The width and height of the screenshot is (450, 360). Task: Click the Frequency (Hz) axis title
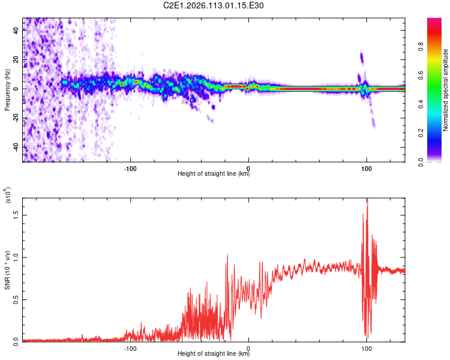click(7, 89)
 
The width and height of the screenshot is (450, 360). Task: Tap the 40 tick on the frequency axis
click(16, 31)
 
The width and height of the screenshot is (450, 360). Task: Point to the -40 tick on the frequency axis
click(15, 146)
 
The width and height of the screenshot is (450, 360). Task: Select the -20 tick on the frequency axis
click(15, 118)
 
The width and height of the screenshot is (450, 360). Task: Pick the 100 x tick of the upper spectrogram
click(366, 167)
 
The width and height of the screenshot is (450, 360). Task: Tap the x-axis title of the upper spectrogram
click(214, 174)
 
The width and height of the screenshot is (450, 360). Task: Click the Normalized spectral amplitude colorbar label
click(446, 89)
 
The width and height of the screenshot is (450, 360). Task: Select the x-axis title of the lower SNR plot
click(214, 353)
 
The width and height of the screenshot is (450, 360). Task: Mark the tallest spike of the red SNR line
click(367, 200)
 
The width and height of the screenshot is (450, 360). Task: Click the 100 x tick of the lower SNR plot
click(366, 347)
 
